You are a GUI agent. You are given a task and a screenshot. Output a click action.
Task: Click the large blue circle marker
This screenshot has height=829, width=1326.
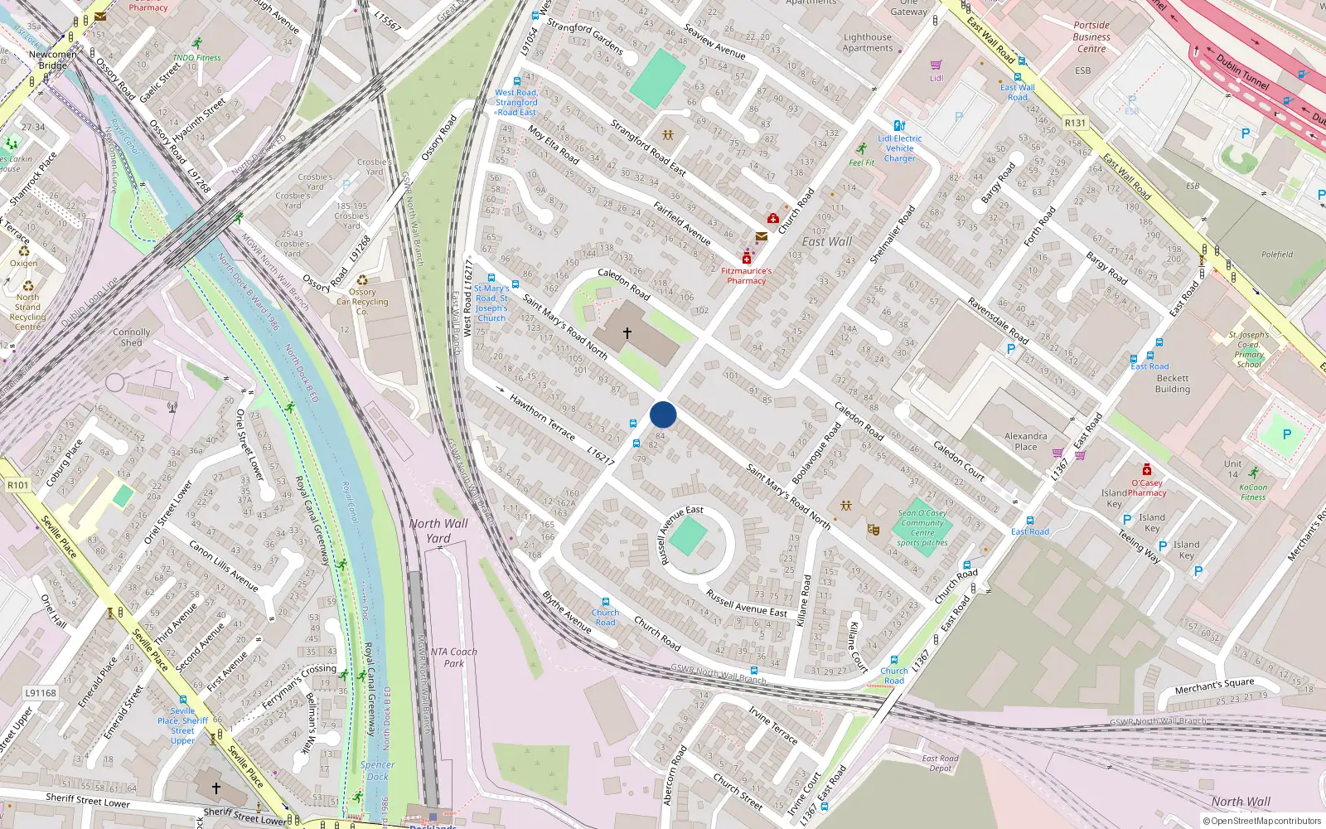663,414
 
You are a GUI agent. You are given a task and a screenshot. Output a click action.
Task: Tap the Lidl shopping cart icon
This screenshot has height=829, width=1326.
936,65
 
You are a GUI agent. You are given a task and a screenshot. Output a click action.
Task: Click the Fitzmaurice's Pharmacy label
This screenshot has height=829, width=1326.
746,276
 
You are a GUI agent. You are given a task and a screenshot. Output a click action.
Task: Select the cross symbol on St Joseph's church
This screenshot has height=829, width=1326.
627,333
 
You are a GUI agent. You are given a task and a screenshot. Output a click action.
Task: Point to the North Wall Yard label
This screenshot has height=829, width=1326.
438,531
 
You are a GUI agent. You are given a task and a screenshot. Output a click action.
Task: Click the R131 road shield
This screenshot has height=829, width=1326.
1075,123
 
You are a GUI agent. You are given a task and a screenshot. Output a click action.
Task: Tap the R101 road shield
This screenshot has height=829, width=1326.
17,485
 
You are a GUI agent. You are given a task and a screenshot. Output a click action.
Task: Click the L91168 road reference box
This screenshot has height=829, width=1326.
41,693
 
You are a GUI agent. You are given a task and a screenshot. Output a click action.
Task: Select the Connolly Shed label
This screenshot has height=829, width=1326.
132,337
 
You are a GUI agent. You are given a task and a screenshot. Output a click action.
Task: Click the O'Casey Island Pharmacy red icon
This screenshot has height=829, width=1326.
1146,469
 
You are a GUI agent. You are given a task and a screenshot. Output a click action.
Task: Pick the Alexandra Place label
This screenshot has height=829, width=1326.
1025,441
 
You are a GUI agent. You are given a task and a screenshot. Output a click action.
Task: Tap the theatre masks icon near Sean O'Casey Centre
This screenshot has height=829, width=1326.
873,529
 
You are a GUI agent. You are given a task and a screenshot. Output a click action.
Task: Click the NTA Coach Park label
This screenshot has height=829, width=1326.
453,657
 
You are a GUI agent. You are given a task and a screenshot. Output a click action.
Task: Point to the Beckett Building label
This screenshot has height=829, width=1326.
1172,383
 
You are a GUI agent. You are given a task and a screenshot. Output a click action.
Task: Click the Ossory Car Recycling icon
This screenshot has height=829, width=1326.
362,280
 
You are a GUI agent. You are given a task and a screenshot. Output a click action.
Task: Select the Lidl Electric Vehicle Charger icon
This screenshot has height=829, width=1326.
899,126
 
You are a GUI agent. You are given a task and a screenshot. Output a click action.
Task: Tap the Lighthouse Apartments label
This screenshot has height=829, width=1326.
868,42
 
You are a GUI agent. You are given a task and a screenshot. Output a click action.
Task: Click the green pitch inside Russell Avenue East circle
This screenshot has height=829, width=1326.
688,537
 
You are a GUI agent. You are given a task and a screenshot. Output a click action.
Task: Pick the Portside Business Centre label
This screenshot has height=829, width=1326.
1091,36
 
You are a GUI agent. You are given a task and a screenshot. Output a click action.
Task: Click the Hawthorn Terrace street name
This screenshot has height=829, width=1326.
542,417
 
